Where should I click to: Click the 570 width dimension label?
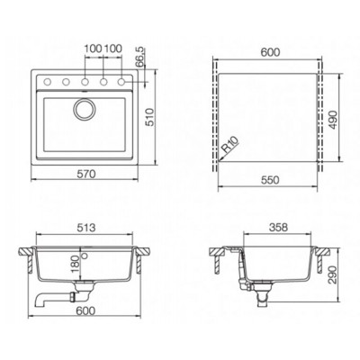[x=86, y=175]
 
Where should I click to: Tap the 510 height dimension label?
[x=149, y=117]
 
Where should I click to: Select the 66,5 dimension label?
[x=139, y=58]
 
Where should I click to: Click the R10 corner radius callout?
[x=229, y=145]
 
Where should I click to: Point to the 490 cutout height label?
[x=333, y=120]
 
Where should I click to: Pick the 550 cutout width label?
[x=270, y=180]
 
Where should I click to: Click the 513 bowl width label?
[x=85, y=228]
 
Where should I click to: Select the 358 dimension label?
[x=278, y=228]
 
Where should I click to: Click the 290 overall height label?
[x=332, y=274]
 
